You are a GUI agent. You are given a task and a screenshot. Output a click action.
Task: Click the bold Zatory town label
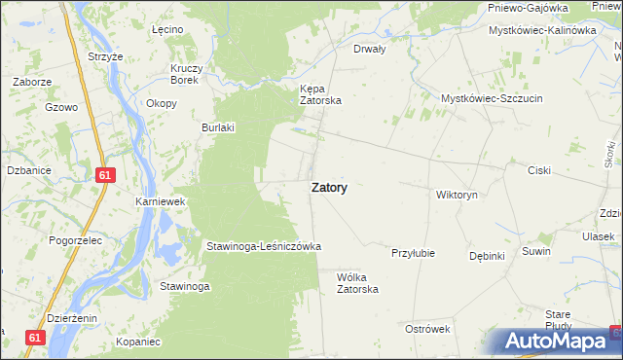(x=330, y=188)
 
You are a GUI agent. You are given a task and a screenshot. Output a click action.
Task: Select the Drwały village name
(x=370, y=48)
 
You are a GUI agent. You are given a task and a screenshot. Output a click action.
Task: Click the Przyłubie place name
(x=412, y=253)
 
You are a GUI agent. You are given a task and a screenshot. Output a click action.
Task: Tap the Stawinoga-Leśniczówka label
(x=263, y=247)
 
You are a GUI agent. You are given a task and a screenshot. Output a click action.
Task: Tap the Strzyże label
(x=105, y=57)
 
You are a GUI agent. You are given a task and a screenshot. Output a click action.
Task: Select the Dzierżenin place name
(x=71, y=317)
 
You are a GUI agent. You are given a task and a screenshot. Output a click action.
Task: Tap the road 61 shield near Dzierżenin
(x=36, y=337)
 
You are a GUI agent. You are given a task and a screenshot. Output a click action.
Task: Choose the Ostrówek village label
(x=426, y=329)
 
